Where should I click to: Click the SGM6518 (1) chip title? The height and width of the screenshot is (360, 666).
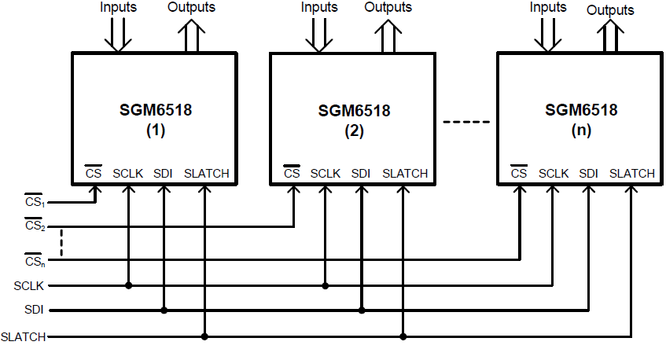coord(155,120)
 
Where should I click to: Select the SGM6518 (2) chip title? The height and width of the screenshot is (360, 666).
coord(354,120)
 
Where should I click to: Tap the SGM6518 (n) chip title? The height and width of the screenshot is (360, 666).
coord(581,119)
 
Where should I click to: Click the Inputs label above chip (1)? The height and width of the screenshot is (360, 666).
coord(118,8)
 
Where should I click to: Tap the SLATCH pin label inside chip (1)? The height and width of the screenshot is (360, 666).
coord(207,173)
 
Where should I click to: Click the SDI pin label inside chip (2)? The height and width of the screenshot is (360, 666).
coord(361,173)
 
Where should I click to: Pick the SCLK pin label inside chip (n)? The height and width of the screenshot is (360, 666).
coord(554,173)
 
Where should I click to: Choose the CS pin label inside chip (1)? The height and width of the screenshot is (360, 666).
coord(93,173)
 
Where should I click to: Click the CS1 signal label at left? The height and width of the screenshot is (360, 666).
coord(34,202)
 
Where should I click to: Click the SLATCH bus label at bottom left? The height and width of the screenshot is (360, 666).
coord(24,336)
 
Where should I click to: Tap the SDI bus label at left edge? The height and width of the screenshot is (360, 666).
coord(33,310)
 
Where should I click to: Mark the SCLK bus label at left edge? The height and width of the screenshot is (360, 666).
coord(28,285)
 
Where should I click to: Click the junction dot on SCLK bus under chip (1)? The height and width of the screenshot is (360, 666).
coord(128,285)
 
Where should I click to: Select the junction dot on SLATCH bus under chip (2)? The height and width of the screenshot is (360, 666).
coord(403,336)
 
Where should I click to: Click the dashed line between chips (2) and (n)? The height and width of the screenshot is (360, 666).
coord(466,122)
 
